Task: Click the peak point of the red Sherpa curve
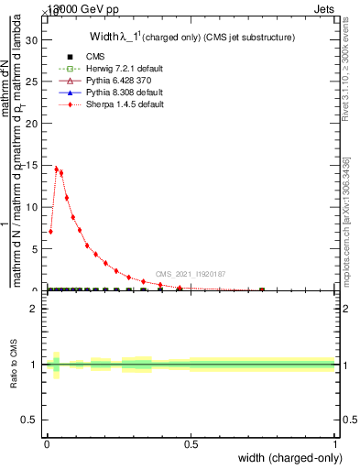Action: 56,169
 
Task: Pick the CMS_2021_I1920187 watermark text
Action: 190,274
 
